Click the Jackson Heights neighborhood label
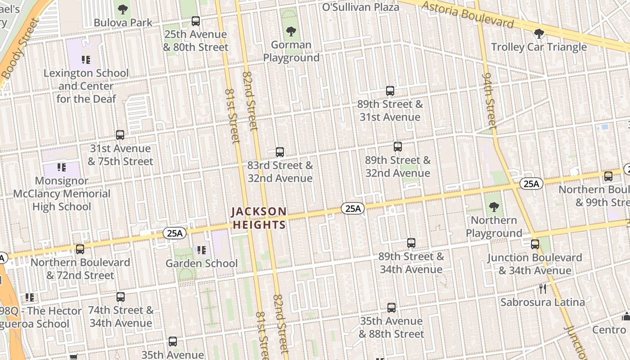259,218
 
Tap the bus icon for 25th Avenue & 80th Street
196,21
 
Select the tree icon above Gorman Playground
291,31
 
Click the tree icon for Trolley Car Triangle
539,33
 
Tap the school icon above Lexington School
86,59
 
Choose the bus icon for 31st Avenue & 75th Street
120,135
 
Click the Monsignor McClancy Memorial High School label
62,193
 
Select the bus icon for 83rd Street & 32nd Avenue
280,152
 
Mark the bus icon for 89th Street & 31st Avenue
390,91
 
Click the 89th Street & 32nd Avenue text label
397,166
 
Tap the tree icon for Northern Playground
494,207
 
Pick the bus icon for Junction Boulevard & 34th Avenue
535,244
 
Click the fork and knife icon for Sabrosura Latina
543,288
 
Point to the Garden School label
202,263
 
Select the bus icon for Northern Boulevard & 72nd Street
80,249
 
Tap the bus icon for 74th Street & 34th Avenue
121,297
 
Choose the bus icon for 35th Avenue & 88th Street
391,308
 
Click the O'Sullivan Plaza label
361,7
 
